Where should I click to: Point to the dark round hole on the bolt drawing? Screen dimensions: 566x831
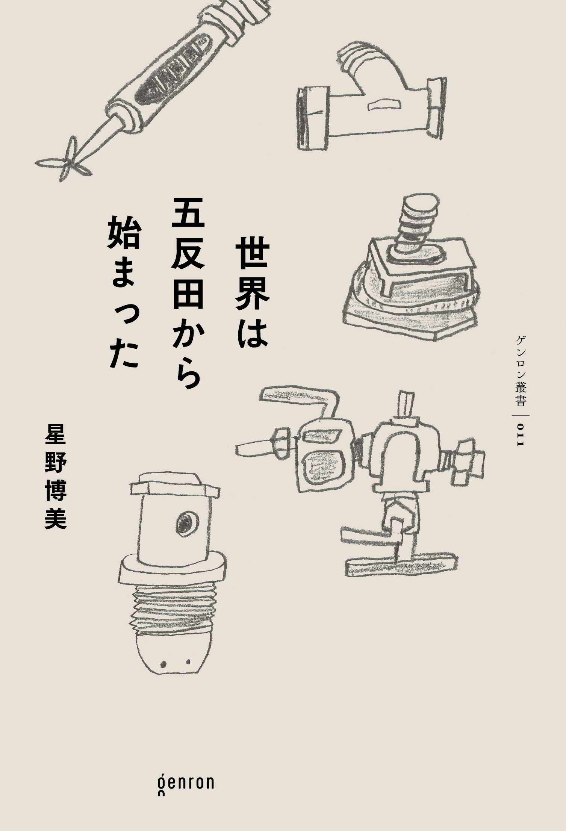coord(185,522)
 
